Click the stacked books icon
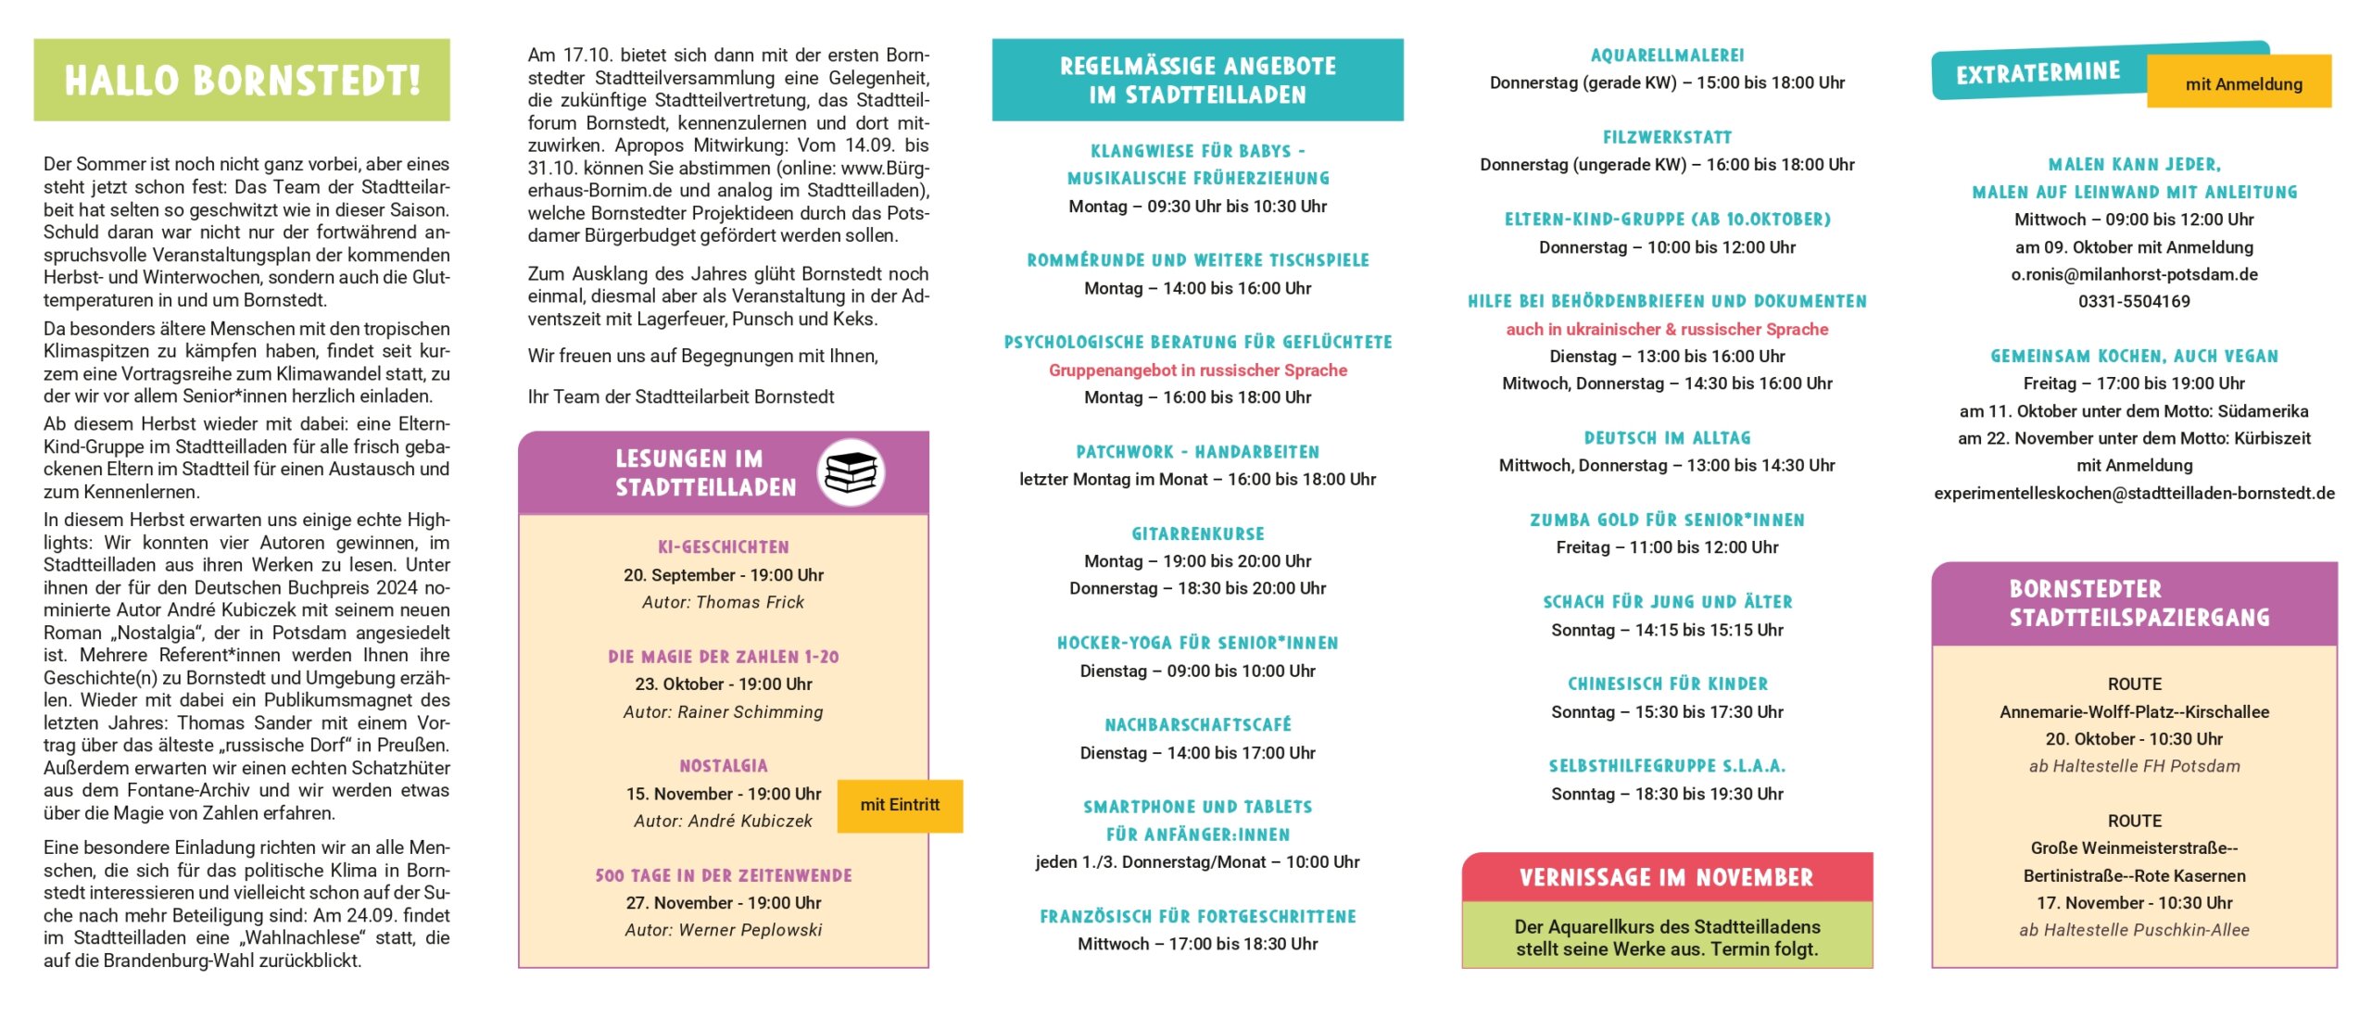coord(851,472)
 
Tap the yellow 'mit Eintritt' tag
coord(900,805)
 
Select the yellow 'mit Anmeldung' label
coord(2243,84)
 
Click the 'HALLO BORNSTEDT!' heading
coord(242,81)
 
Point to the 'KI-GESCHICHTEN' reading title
coord(724,547)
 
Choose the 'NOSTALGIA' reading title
coord(724,766)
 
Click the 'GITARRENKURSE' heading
coord(1197,534)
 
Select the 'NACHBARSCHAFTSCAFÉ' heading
coord(1197,725)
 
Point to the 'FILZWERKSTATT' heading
coord(1667,138)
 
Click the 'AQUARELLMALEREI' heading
coord(1667,56)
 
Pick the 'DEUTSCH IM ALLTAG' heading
coord(1667,438)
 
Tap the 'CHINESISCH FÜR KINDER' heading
coord(1667,684)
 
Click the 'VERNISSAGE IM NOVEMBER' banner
coord(1667,877)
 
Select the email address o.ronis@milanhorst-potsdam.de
coord(2134,274)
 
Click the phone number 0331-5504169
coord(2134,302)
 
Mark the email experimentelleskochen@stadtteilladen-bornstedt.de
coord(2134,494)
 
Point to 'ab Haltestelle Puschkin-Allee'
coord(2134,930)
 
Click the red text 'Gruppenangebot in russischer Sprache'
coord(1197,370)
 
